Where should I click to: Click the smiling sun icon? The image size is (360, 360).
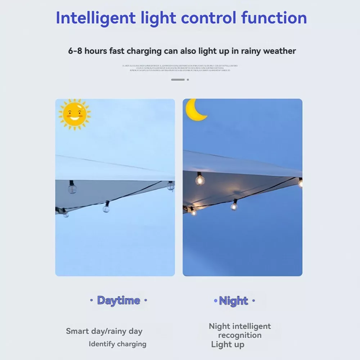click(75, 114)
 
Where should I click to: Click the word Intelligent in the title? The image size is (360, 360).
click(95, 18)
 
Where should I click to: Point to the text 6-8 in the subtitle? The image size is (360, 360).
click(75, 51)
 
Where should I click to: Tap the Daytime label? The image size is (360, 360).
click(118, 300)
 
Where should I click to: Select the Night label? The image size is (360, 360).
click(234, 301)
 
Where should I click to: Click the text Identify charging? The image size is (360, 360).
click(118, 344)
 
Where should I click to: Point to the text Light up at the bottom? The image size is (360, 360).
click(228, 345)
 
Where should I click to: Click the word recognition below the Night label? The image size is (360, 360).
click(240, 335)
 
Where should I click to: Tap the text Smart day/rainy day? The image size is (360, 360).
click(104, 331)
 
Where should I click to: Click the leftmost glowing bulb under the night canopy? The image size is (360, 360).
click(193, 212)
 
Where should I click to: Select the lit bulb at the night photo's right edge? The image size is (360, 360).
click(300, 183)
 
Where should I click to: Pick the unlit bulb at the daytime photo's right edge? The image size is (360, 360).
click(171, 186)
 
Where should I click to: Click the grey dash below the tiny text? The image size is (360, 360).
click(178, 80)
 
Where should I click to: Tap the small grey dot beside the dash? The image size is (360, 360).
click(188, 80)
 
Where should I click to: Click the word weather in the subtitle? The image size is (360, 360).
click(279, 51)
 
